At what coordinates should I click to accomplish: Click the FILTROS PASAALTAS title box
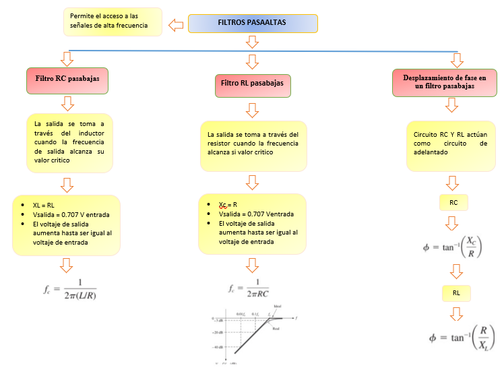point(252,23)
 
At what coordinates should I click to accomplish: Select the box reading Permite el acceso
point(113,22)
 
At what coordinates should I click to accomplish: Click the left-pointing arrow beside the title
point(175,26)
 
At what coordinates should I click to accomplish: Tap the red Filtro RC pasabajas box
point(67,80)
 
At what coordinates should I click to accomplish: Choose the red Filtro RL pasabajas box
point(252,84)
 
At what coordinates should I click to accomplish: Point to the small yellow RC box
point(453,201)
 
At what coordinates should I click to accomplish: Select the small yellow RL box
point(455,293)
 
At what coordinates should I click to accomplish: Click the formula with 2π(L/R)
point(71,289)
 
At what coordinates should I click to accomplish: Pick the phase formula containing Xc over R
point(453,247)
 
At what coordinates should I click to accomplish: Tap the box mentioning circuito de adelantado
point(450,144)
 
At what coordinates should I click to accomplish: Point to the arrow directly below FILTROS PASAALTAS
point(252,42)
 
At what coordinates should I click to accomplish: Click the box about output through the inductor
point(69,142)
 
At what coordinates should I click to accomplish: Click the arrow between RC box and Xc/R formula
point(453,223)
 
